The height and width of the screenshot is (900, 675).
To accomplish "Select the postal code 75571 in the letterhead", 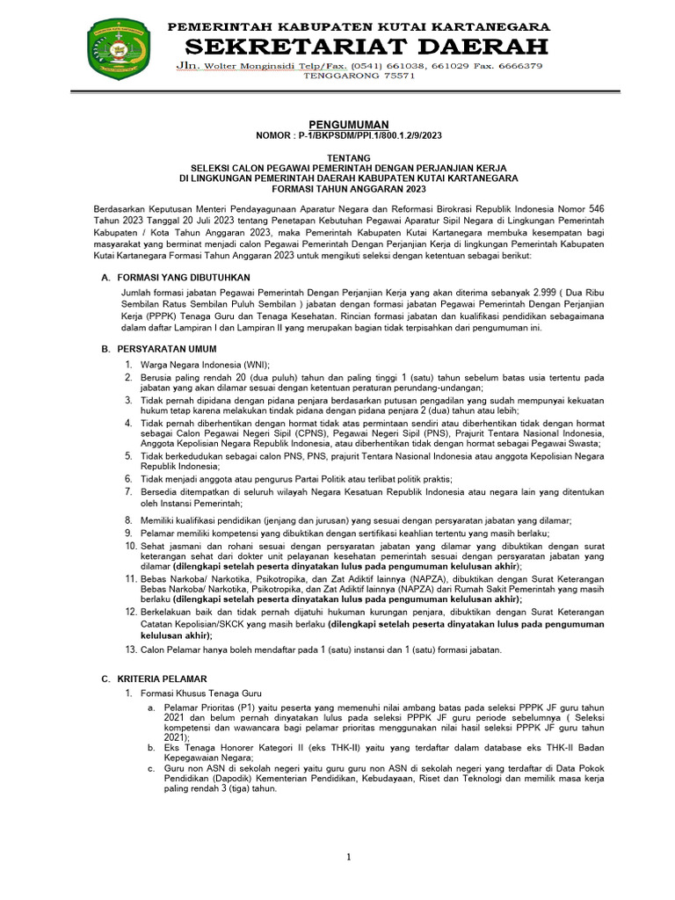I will [396, 76].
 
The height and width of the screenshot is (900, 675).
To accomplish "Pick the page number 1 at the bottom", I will [349, 857].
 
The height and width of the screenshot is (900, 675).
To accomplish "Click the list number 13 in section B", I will [131, 650].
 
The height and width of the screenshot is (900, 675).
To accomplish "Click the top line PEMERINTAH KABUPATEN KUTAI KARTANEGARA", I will [359, 26].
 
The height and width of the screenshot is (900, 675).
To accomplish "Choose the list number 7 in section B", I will [128, 491].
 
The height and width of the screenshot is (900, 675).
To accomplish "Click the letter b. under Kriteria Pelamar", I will [153, 748].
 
